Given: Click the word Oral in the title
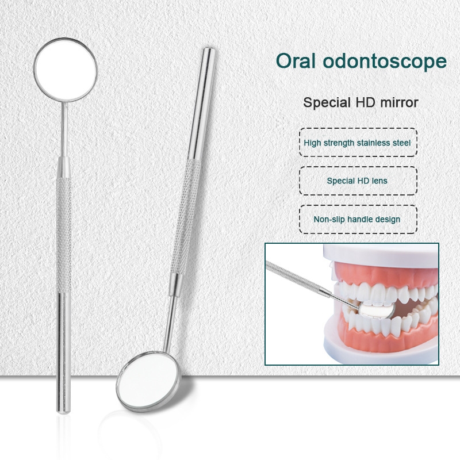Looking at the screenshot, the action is tap(296, 61).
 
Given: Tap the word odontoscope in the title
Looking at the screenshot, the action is tap(385, 61).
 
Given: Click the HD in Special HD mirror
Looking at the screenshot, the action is tap(366, 102).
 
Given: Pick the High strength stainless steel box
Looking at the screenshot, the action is tap(358, 142).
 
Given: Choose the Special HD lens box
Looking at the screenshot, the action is tap(358, 181).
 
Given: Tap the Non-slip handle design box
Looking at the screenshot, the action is tap(358, 219).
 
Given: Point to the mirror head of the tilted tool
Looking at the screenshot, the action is tap(148, 381).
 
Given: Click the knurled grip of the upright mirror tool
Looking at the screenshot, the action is tap(64, 235).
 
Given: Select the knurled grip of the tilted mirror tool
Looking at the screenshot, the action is tap(186, 217).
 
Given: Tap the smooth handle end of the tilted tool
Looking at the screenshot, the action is tap(202, 103).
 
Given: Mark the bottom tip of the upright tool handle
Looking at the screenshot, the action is tap(63, 413).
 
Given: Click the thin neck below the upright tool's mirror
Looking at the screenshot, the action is tap(64, 129).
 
